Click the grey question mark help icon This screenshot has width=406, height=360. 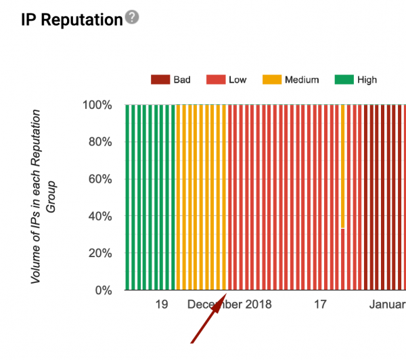[x=132, y=17]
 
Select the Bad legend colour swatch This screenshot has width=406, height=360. [x=160, y=80]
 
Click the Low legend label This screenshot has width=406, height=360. [x=238, y=80]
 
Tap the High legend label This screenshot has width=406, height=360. [x=367, y=80]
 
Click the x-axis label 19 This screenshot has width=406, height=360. [x=161, y=305]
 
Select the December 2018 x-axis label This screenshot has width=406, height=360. [x=229, y=305]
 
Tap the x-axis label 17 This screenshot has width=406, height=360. [x=320, y=305]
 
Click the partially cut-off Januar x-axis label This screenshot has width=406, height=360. [x=387, y=305]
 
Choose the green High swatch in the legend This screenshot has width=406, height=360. [x=344, y=80]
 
